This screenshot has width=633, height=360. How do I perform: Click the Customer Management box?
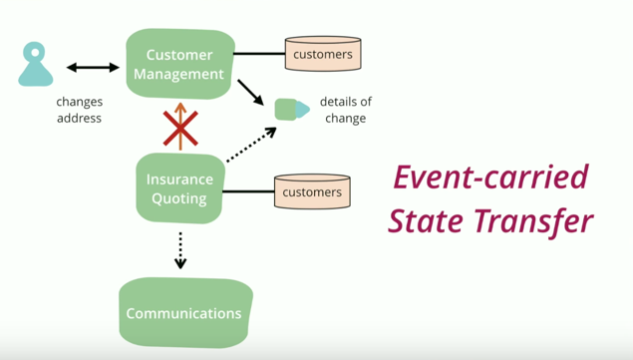coord(179,64)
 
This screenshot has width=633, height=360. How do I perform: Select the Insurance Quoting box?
coord(179,188)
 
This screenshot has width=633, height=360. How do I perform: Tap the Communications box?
coord(184,313)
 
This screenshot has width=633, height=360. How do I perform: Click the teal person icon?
coord(36,65)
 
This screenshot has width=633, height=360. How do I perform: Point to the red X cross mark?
coord(180,128)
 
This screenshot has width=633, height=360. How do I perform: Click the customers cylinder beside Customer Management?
coord(323,54)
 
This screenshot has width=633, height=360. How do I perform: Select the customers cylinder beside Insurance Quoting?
coord(312,191)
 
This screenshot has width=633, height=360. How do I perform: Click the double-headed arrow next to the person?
coord(93,68)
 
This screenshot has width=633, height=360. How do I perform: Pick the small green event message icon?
coord(290,109)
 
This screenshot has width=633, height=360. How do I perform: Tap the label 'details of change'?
coord(346,110)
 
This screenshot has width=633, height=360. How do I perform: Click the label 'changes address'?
coord(79,110)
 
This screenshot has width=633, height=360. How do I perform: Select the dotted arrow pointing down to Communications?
coord(180,250)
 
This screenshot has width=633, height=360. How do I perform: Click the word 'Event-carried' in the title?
coord(489,179)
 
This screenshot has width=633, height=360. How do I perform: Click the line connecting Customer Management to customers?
coord(260,54)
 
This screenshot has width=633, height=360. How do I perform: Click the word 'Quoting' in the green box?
coord(179,198)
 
